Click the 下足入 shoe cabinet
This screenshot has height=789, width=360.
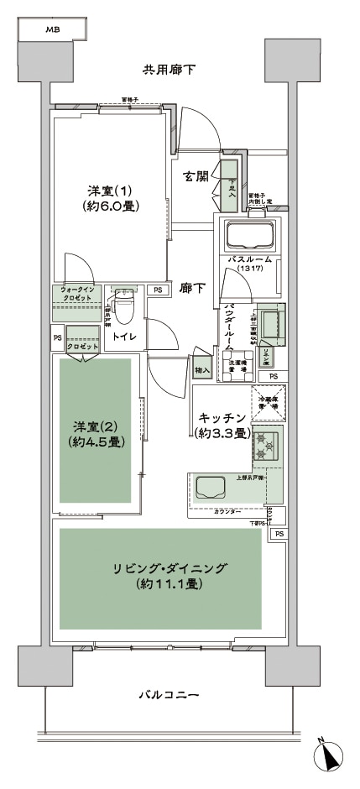coord(229,184)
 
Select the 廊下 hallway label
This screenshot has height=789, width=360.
coord(193,288)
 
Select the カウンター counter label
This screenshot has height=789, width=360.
coord(227,511)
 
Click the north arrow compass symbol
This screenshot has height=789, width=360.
coord(330,758)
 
